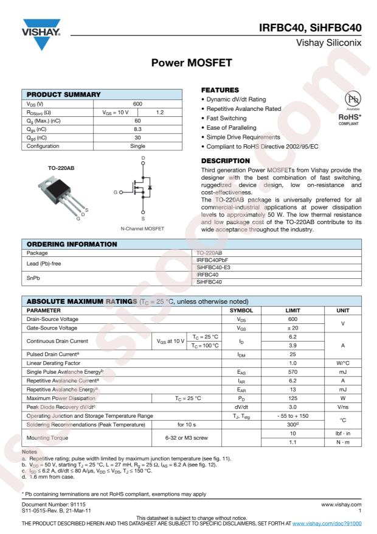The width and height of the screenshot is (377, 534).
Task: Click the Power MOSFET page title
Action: [188, 63]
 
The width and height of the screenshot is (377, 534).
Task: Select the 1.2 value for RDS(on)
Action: [160, 112]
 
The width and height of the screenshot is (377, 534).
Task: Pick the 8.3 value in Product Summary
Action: [137, 129]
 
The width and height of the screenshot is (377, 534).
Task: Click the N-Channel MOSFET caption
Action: [143, 228]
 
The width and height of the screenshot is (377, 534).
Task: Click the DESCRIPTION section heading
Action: [226, 161]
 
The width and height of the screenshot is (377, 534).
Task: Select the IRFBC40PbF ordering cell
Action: [213, 260]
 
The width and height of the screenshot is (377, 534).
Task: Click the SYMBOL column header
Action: [242, 310]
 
